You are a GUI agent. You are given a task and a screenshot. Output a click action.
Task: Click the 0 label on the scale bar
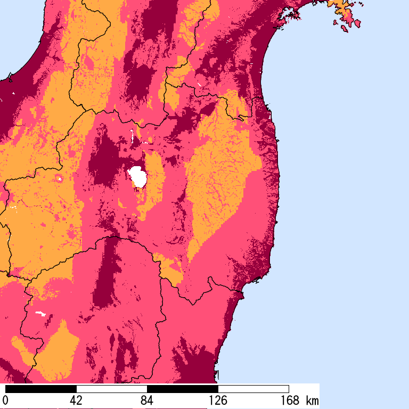click(5, 400)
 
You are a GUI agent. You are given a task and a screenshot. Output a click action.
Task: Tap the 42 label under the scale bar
click(76, 400)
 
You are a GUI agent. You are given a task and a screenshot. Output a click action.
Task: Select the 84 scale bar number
click(147, 400)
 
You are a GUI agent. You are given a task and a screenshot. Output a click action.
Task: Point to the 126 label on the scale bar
click(218, 400)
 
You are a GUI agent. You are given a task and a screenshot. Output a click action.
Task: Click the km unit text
click(312, 400)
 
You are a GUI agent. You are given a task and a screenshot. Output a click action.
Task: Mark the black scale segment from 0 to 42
click(40, 389)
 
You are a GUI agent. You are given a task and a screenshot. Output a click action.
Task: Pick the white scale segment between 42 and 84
click(111, 389)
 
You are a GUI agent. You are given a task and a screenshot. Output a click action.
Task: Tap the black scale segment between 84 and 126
click(182, 389)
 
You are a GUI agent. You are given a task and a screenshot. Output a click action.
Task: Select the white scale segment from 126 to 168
click(253, 389)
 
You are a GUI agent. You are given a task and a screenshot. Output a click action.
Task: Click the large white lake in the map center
click(138, 176)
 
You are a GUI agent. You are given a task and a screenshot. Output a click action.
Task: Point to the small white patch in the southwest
click(39, 313)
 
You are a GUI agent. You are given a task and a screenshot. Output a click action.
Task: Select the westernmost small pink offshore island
click(336, 22)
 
